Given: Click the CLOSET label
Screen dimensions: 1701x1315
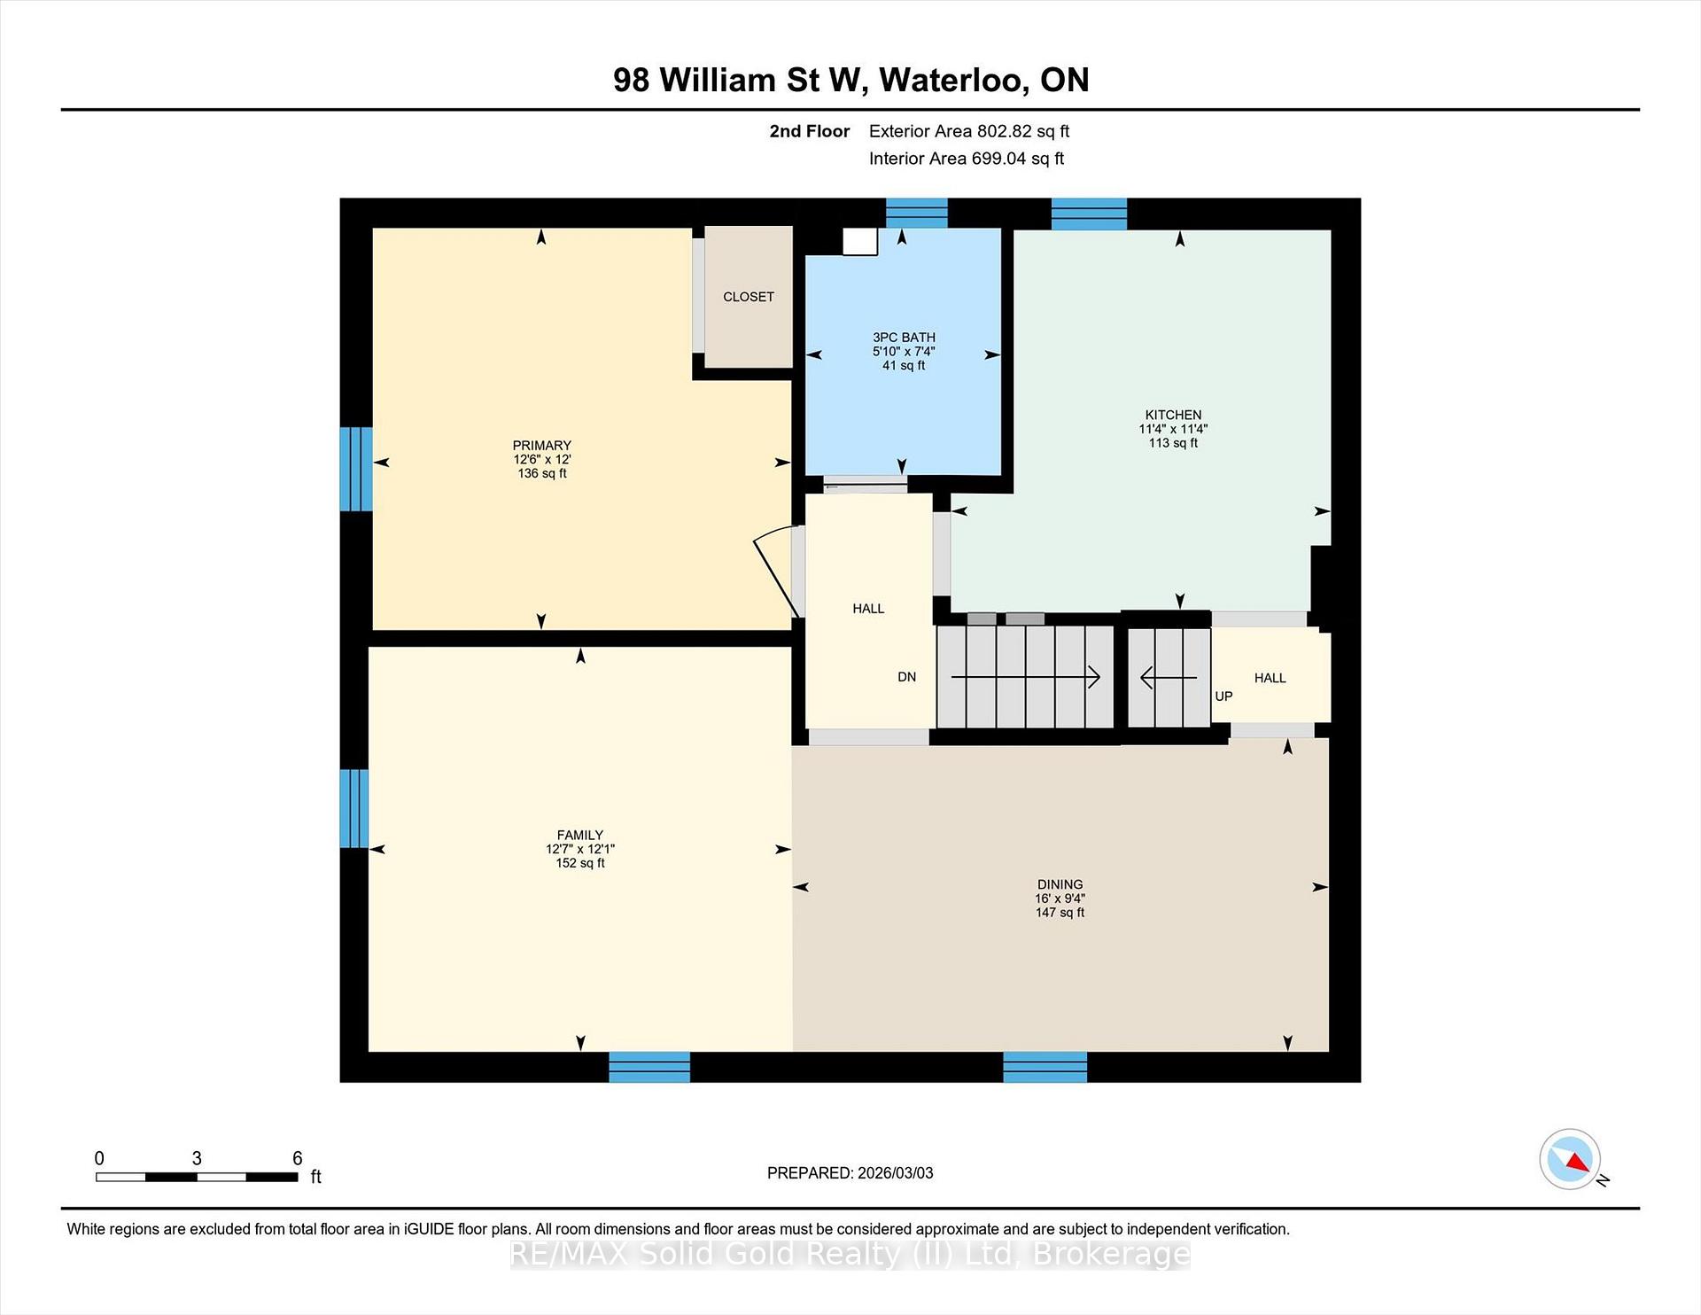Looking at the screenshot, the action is point(749,297).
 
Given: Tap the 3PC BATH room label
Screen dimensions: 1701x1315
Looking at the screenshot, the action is point(904,338).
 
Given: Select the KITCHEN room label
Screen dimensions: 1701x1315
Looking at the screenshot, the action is point(1173,415).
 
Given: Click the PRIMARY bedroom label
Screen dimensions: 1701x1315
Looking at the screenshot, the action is point(542,446).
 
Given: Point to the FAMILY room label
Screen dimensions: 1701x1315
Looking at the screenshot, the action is point(580,835).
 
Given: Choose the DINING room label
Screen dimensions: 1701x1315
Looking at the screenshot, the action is point(1060,884).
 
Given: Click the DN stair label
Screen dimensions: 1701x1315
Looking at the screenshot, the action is point(907,677).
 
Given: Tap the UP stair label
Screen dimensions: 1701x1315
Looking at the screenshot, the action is point(1223,696).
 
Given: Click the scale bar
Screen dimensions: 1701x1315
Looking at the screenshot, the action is point(197,1177).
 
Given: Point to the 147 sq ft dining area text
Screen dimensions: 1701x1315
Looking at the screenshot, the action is point(1060,913).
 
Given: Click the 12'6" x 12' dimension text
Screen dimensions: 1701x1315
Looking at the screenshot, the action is point(542,460).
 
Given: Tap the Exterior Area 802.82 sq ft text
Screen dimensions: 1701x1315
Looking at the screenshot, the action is point(969,131).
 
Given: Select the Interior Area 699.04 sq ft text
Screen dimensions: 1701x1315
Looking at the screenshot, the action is point(967,159).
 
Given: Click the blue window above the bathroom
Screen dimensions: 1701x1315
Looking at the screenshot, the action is point(917,214).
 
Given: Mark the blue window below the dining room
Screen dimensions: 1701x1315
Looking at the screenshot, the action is point(1045,1067).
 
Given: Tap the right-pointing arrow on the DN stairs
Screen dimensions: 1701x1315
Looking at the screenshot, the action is point(1026,678).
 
